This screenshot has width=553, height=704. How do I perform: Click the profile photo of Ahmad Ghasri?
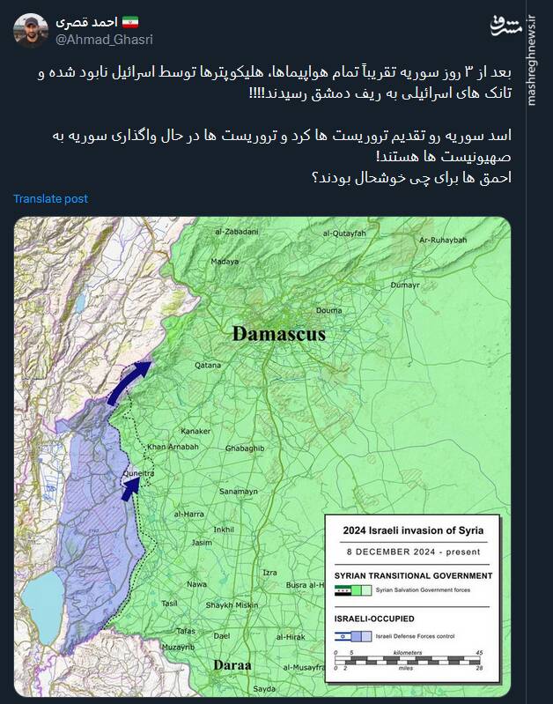pyautogui.click(x=30, y=30)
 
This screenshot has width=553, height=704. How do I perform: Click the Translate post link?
pyautogui.click(x=50, y=199)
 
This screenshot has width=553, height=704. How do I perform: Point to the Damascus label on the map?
pyautogui.click(x=279, y=335)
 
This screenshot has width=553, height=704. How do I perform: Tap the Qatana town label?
pyautogui.click(x=208, y=364)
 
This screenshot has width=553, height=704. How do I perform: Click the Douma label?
pyautogui.click(x=328, y=310)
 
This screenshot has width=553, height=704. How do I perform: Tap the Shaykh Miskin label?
pyautogui.click(x=232, y=604)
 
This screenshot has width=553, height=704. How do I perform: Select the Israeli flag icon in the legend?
pyautogui.click(x=343, y=635)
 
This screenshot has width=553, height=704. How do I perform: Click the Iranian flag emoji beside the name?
pyautogui.click(x=129, y=19)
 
